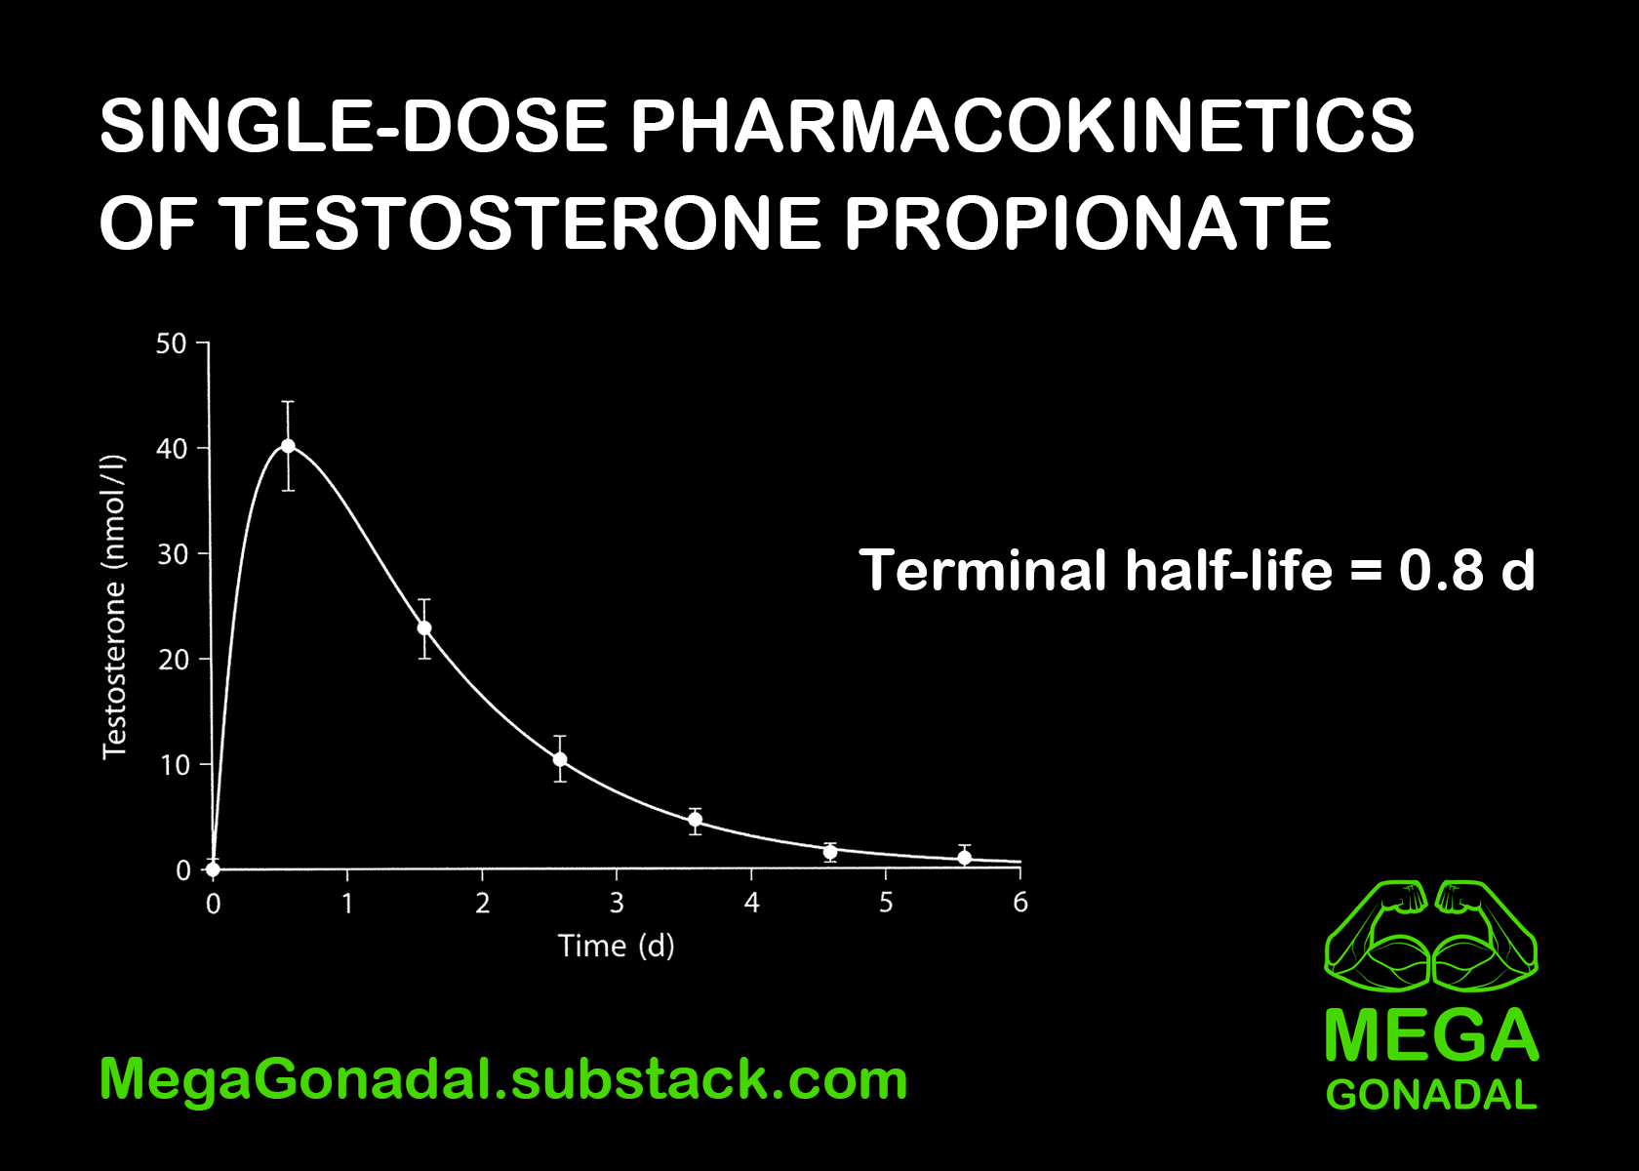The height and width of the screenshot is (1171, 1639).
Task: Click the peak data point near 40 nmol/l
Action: pos(288,446)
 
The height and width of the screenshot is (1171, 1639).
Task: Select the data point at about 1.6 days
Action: pos(424,627)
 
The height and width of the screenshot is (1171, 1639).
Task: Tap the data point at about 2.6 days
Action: pos(560,759)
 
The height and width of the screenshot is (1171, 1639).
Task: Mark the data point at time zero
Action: pos(213,869)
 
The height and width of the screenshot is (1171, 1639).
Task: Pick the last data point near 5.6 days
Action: pos(965,858)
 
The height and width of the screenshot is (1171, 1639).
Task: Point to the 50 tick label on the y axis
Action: pos(171,343)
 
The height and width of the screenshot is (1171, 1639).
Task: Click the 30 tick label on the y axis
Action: pos(172,554)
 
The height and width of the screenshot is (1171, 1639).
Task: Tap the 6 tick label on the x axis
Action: pos(1020,903)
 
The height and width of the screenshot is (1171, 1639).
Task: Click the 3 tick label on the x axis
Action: pos(617,903)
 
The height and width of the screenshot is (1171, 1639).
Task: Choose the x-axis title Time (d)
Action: pos(616,946)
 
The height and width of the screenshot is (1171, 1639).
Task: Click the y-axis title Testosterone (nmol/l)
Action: pos(114,606)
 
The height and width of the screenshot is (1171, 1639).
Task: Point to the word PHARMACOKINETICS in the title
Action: pos(1021,126)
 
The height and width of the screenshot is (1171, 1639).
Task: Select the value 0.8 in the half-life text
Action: pos(1441,570)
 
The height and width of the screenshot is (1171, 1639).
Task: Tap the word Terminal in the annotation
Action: pos(984,570)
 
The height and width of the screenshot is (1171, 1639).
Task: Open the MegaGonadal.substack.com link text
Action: pos(503,1079)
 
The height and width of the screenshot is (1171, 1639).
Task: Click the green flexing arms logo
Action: pos(1431,934)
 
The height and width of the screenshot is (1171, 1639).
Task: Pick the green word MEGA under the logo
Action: pos(1431,1035)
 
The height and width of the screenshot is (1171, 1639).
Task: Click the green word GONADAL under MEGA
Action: pos(1431,1095)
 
